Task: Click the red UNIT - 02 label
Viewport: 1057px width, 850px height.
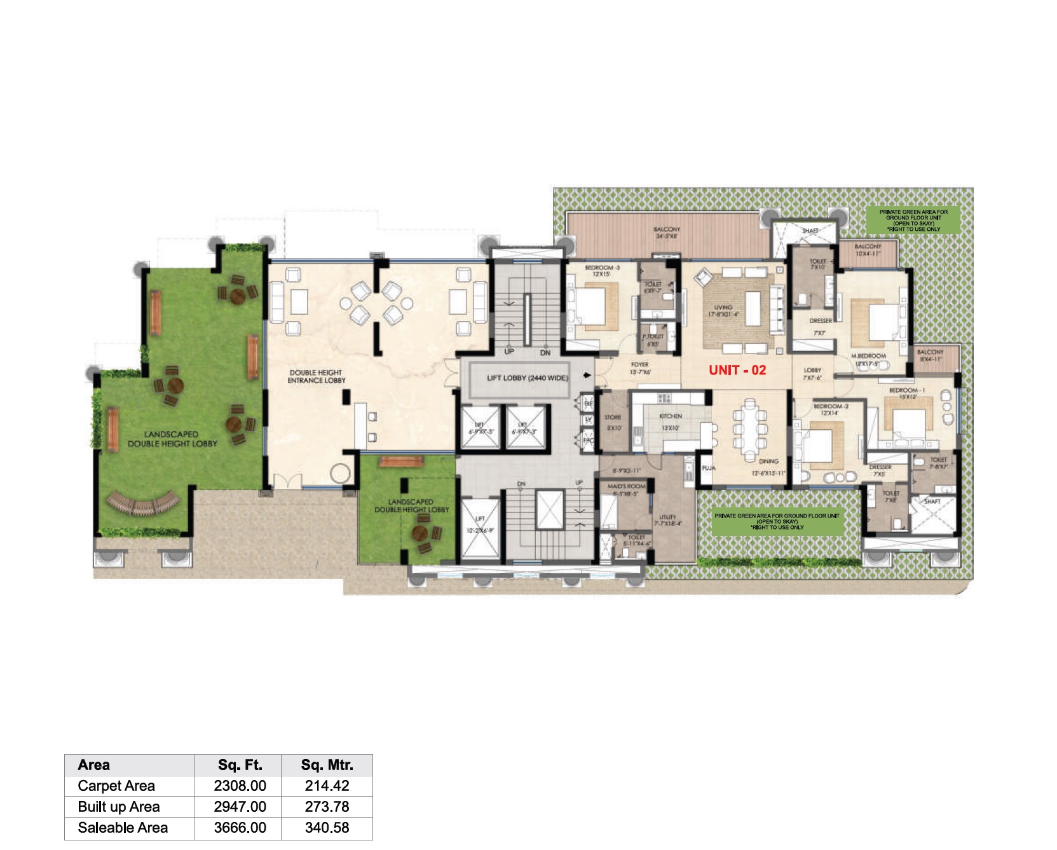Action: tap(737, 370)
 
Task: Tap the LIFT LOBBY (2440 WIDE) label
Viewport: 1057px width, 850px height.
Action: tap(527, 378)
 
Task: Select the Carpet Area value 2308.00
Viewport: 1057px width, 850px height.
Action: tap(240, 786)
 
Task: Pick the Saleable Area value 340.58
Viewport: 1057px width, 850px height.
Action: tap(327, 828)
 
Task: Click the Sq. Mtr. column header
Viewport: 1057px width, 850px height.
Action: tap(327, 765)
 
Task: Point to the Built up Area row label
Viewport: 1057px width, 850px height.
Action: tap(119, 807)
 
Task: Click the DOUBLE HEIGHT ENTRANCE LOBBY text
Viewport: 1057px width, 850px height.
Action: tap(316, 376)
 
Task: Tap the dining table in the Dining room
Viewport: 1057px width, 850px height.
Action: tap(750, 424)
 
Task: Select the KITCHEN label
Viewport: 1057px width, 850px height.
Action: tap(671, 416)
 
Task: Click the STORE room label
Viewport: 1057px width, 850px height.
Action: tap(613, 418)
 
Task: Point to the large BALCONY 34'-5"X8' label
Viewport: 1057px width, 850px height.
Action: tap(666, 233)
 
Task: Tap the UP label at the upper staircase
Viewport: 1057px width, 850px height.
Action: tap(508, 352)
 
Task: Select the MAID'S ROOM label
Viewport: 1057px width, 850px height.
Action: tap(626, 486)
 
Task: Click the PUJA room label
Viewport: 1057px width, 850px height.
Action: tap(708, 468)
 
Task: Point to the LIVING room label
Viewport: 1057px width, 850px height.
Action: tap(723, 307)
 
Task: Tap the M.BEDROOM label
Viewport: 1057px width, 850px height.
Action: tap(868, 356)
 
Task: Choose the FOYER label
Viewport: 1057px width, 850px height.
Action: tap(639, 365)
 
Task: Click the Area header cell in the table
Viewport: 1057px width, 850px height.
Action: tap(93, 765)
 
